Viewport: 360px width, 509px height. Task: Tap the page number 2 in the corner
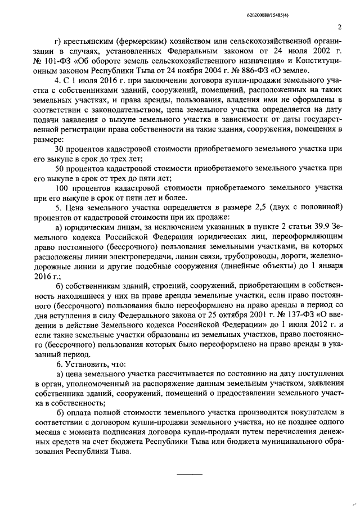(x=339, y=26)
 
